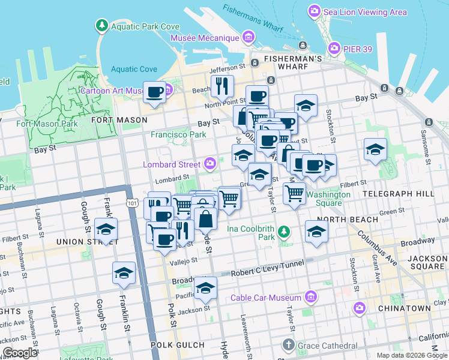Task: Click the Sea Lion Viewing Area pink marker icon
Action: pyautogui.click(x=314, y=11)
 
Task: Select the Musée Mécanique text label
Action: pyautogui.click(x=205, y=38)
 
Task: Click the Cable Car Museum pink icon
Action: pyautogui.click(x=310, y=297)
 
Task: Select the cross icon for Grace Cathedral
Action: pyautogui.click(x=289, y=345)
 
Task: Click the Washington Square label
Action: pyautogui.click(x=328, y=199)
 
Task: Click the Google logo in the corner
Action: pyautogui.click(x=20, y=353)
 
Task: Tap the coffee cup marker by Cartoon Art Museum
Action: pyautogui.click(x=155, y=92)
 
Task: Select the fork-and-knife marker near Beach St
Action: pyautogui.click(x=221, y=86)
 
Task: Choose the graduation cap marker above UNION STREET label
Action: pyautogui.click(x=106, y=229)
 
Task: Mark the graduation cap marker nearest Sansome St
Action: pyautogui.click(x=375, y=149)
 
